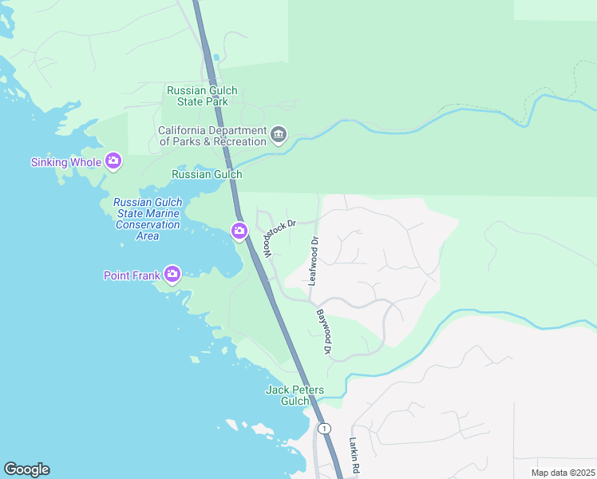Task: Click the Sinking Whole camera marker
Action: [x=113, y=162]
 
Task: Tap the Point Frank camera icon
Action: [x=172, y=275]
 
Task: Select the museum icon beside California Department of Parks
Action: [x=278, y=135]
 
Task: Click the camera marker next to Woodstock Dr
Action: [x=239, y=232]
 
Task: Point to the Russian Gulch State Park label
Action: [x=202, y=96]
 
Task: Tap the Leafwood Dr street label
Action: [x=314, y=261]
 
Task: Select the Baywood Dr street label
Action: [x=322, y=333]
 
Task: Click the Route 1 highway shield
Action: [x=324, y=429]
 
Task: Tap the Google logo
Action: [x=26, y=469]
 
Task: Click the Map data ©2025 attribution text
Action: [x=562, y=473]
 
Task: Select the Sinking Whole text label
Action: [x=66, y=162]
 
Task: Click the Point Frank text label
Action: [x=131, y=275]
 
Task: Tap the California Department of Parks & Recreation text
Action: [x=212, y=136]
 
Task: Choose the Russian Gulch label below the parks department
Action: [x=207, y=174]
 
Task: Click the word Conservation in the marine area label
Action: [x=148, y=225]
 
